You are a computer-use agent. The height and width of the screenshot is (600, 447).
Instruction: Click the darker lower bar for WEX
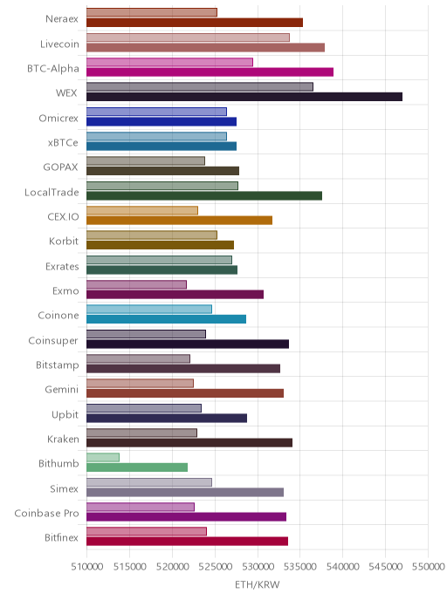click(x=244, y=97)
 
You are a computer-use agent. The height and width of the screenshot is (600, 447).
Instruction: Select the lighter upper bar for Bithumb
click(x=103, y=457)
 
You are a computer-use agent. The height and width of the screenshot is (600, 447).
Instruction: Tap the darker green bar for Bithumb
click(x=137, y=467)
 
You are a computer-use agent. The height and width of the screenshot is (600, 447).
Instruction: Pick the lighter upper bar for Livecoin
click(x=188, y=37)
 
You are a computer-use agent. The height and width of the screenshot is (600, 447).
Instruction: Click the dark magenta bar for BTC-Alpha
click(x=210, y=72)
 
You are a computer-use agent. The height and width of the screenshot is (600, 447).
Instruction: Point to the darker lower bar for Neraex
click(x=195, y=23)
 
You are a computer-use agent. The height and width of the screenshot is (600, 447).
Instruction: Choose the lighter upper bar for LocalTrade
click(x=162, y=186)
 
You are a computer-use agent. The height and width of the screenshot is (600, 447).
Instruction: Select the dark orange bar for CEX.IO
click(x=179, y=220)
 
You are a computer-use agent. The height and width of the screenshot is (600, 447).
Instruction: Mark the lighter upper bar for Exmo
click(x=137, y=284)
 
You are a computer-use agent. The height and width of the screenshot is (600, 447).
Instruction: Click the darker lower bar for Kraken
click(x=189, y=443)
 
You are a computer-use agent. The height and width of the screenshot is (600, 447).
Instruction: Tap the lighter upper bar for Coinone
click(x=149, y=310)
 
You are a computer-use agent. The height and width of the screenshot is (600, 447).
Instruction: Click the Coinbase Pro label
click(x=47, y=513)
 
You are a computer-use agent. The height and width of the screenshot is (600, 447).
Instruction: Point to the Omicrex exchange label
click(x=58, y=119)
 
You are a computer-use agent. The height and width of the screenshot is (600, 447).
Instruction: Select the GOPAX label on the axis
click(x=60, y=167)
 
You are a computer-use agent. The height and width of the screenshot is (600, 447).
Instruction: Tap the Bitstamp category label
click(x=58, y=365)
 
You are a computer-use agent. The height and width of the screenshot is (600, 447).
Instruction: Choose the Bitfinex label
click(x=61, y=537)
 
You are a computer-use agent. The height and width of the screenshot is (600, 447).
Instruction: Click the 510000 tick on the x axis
click(x=87, y=566)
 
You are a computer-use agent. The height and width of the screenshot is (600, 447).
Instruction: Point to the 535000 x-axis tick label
click(x=300, y=566)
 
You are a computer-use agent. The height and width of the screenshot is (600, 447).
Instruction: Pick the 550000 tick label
click(x=429, y=566)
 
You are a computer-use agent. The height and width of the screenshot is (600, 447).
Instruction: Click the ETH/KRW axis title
click(x=258, y=584)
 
